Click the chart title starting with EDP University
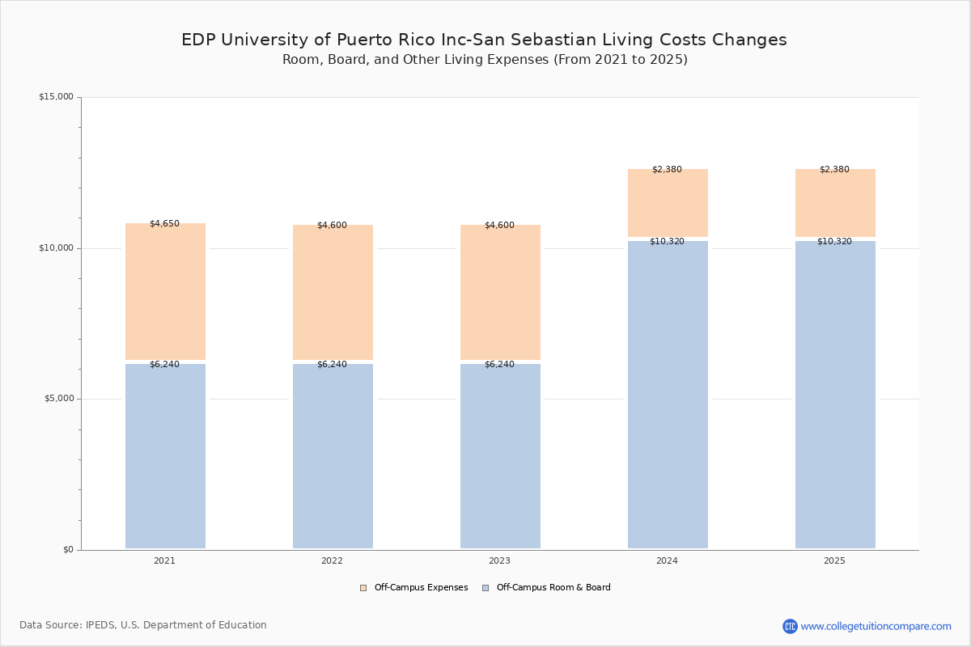point(484,40)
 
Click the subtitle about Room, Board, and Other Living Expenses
point(485,60)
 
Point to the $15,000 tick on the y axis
point(56,97)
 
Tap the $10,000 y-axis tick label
point(56,248)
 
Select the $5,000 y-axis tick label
point(58,399)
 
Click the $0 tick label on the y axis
point(68,550)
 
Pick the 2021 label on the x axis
point(164,561)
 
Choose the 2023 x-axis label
point(499,561)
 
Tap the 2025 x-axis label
point(834,561)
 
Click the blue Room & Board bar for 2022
point(333,457)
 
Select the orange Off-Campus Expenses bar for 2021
point(165,291)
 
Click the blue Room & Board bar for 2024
point(668,396)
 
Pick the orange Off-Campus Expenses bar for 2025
point(835,204)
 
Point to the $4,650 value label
point(164,224)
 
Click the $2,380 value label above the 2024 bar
point(667,170)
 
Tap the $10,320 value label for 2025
point(834,242)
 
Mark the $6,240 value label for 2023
point(499,365)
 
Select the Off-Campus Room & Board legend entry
point(553,588)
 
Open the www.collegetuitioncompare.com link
point(876,626)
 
